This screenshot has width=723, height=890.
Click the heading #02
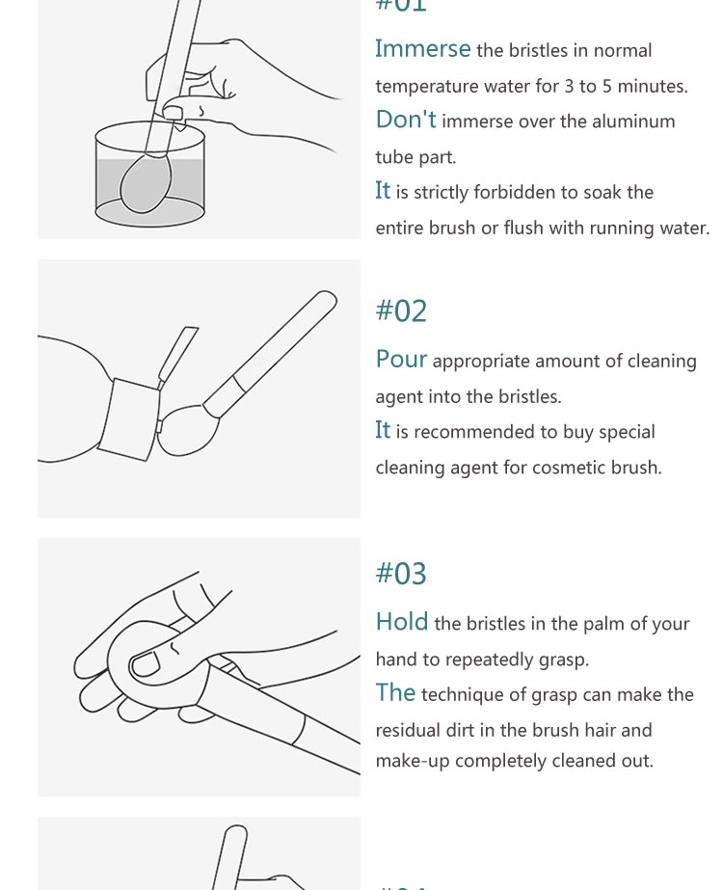click(401, 311)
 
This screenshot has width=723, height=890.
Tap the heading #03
click(401, 574)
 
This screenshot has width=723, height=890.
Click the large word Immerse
click(423, 49)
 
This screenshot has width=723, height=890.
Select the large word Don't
click(406, 120)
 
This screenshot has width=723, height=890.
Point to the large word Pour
click(401, 360)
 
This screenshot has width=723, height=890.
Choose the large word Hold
click(402, 622)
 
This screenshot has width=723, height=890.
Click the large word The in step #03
click(395, 692)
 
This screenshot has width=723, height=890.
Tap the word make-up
click(413, 761)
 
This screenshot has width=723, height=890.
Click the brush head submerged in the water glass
click(145, 183)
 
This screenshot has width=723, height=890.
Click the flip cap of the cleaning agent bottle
click(177, 356)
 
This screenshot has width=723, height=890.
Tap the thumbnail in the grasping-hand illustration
click(146, 664)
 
